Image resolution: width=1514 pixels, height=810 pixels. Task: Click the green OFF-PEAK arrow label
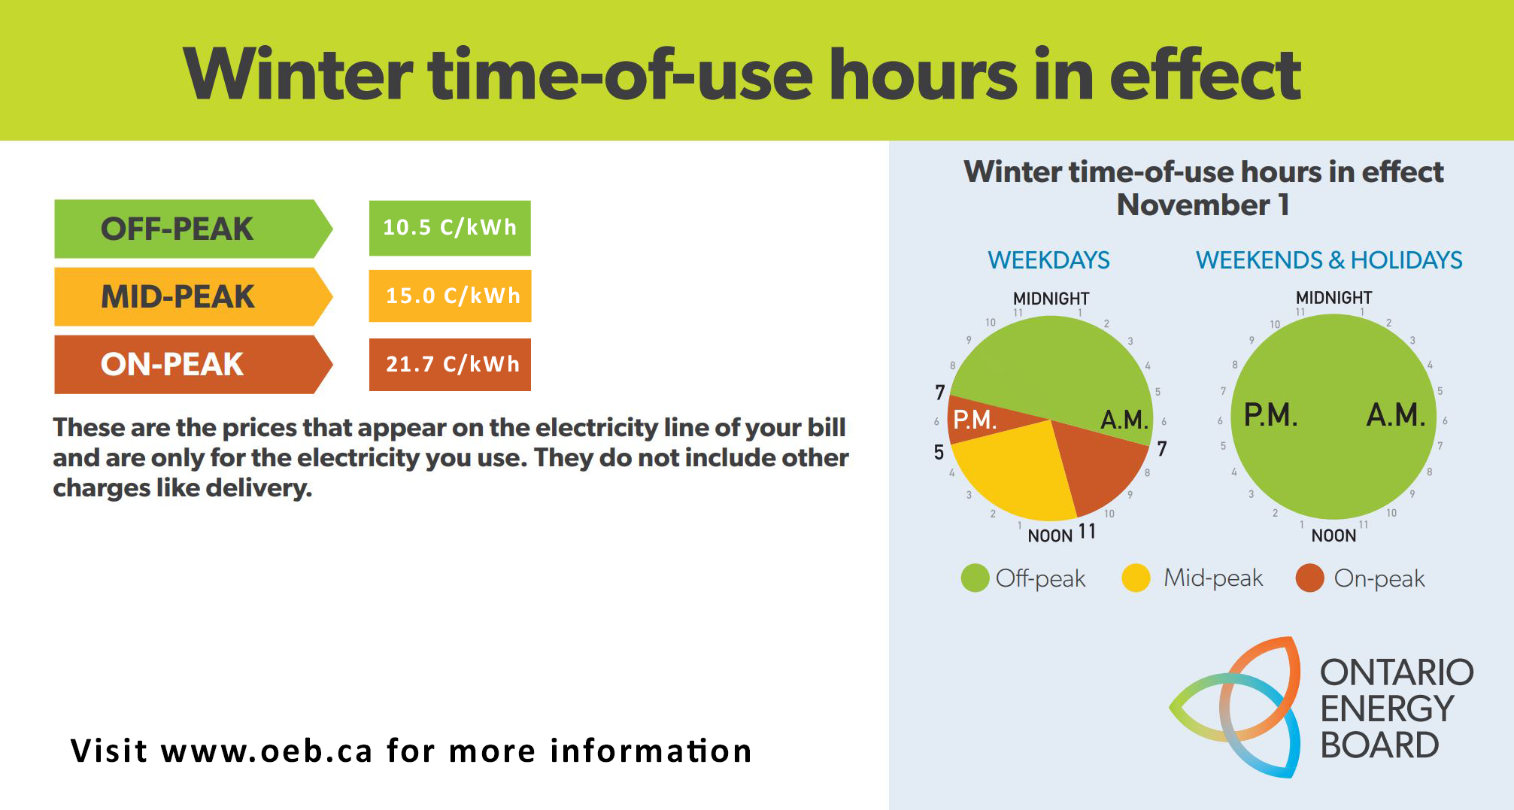click(x=193, y=229)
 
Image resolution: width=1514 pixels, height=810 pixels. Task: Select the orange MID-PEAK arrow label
click(x=193, y=296)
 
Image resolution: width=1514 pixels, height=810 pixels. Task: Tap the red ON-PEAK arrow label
click(x=193, y=364)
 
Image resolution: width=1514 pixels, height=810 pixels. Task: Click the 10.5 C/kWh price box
click(x=450, y=228)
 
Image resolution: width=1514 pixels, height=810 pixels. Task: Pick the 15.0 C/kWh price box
click(x=450, y=296)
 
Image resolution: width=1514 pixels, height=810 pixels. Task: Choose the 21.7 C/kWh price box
click(x=450, y=365)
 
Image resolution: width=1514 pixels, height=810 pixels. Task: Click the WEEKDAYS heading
click(x=1048, y=260)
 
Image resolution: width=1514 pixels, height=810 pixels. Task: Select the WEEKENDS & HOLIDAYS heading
click(x=1329, y=260)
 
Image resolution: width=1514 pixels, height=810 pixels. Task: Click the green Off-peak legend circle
click(x=975, y=578)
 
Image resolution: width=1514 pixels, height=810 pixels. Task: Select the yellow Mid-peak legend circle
click(x=1136, y=578)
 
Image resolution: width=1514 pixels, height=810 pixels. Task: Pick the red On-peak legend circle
click(x=1309, y=578)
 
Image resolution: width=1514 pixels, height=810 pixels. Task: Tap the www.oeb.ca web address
click(x=266, y=751)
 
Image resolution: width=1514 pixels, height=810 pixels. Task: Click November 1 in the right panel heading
click(x=1203, y=205)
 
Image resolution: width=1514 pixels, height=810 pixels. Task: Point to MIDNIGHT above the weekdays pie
click(x=1051, y=299)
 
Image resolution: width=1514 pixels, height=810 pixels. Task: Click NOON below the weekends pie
click(x=1333, y=535)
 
